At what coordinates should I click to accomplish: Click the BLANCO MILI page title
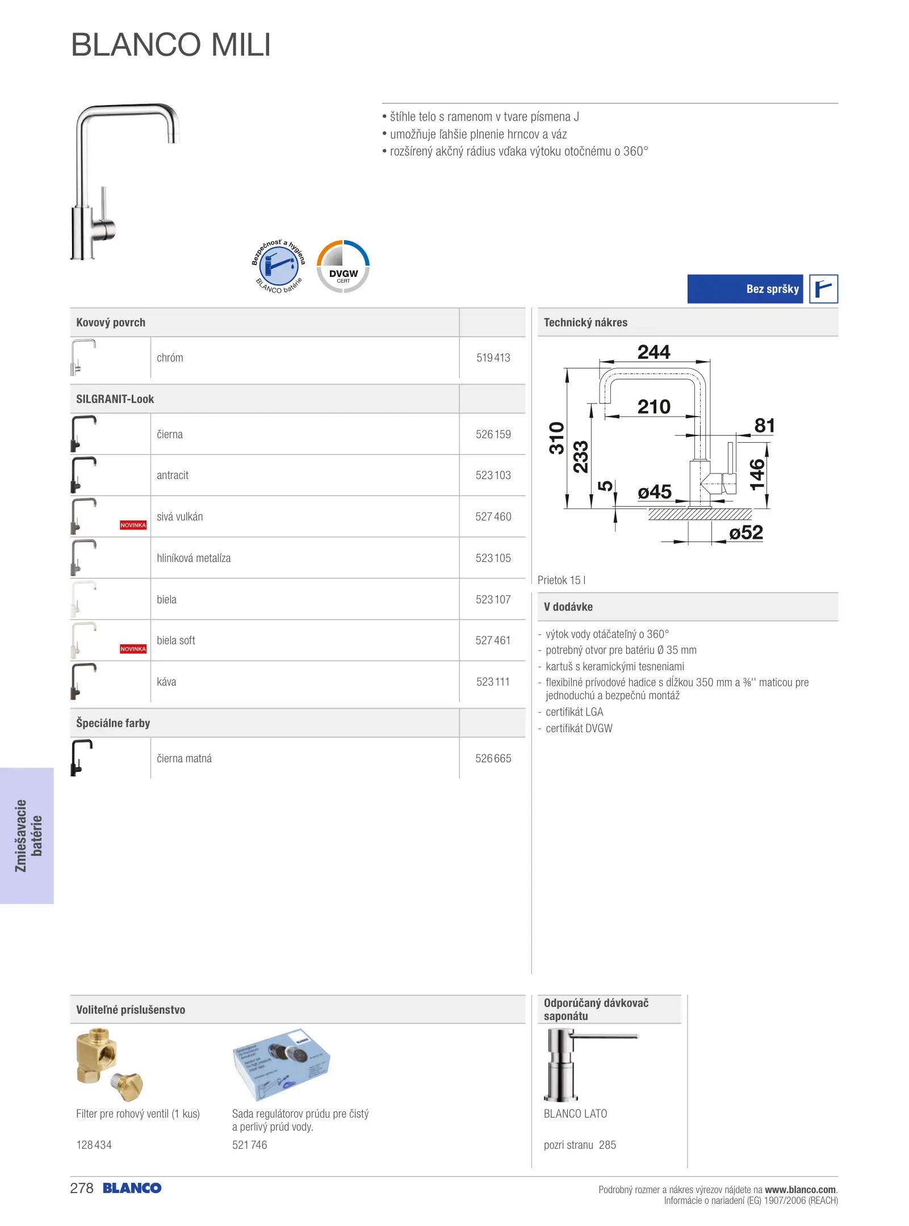[x=171, y=45]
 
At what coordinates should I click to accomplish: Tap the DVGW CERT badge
[x=343, y=267]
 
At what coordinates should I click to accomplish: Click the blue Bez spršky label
[x=745, y=289]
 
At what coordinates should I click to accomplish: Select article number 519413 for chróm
[x=493, y=358]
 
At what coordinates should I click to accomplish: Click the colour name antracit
[x=173, y=476]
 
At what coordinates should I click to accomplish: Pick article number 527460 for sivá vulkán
[x=493, y=517]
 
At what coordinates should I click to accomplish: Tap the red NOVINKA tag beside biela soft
[x=133, y=649]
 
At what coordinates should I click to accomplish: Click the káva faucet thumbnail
[x=83, y=681]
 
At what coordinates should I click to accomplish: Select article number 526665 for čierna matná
[x=493, y=759]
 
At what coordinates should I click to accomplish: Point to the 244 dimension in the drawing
[x=654, y=352]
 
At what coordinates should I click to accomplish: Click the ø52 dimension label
[x=745, y=533]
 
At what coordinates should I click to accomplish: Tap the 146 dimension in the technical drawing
[x=757, y=475]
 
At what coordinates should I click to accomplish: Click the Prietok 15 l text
[x=561, y=580]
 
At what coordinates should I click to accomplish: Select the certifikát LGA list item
[x=574, y=712]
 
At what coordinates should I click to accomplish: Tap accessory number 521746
[x=249, y=1145]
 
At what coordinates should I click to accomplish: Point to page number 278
[x=82, y=1189]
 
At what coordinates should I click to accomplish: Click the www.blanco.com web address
[x=800, y=1190]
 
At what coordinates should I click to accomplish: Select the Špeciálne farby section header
[x=113, y=723]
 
